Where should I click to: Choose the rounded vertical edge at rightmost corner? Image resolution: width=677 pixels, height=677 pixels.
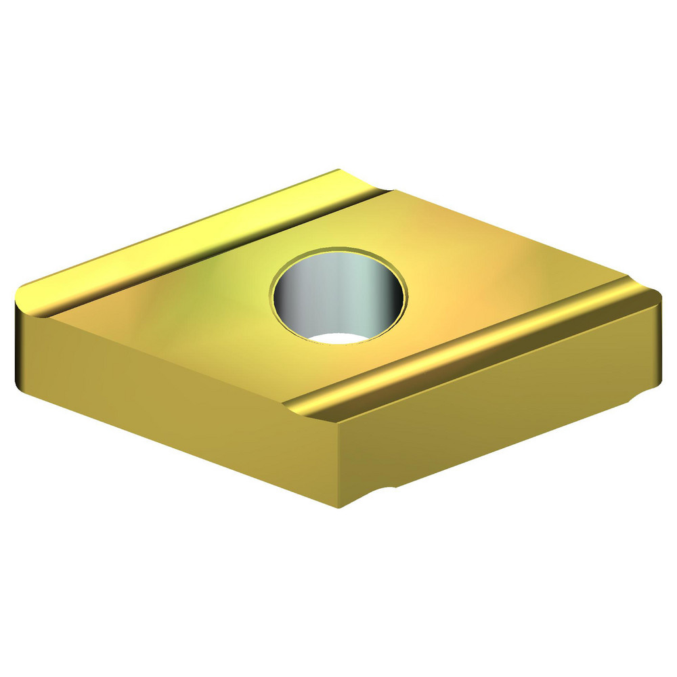(658, 338)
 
